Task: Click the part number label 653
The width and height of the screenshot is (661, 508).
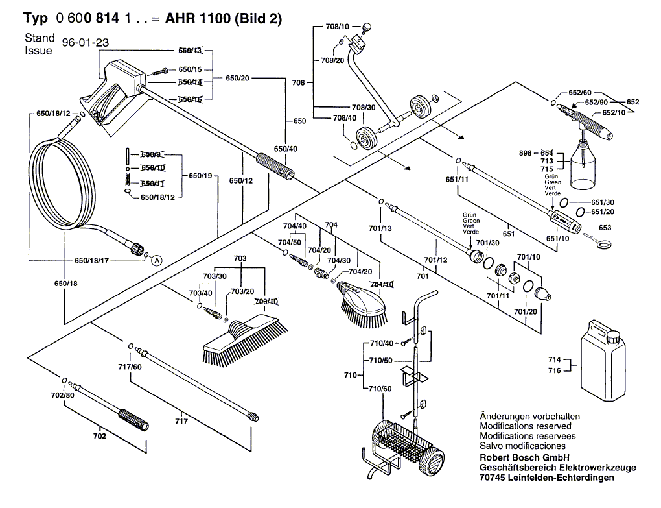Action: pos(605,228)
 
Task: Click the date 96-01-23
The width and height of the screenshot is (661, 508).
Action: pos(85,43)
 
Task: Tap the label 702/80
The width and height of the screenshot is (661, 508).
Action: pos(63,395)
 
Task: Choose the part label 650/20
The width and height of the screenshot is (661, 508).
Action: pos(238,78)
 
